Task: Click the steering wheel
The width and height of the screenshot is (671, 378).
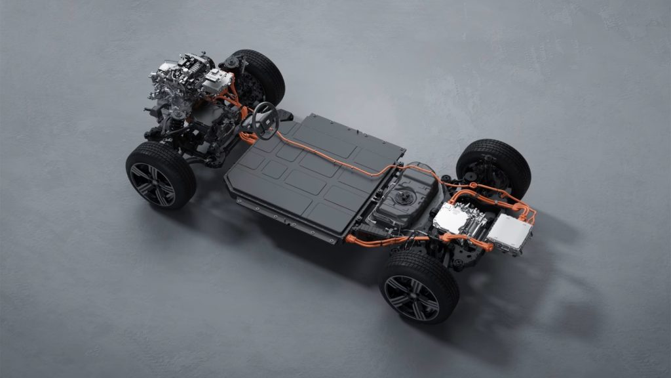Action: point(265,120)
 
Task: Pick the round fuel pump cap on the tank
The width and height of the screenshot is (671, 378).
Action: point(402,195)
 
